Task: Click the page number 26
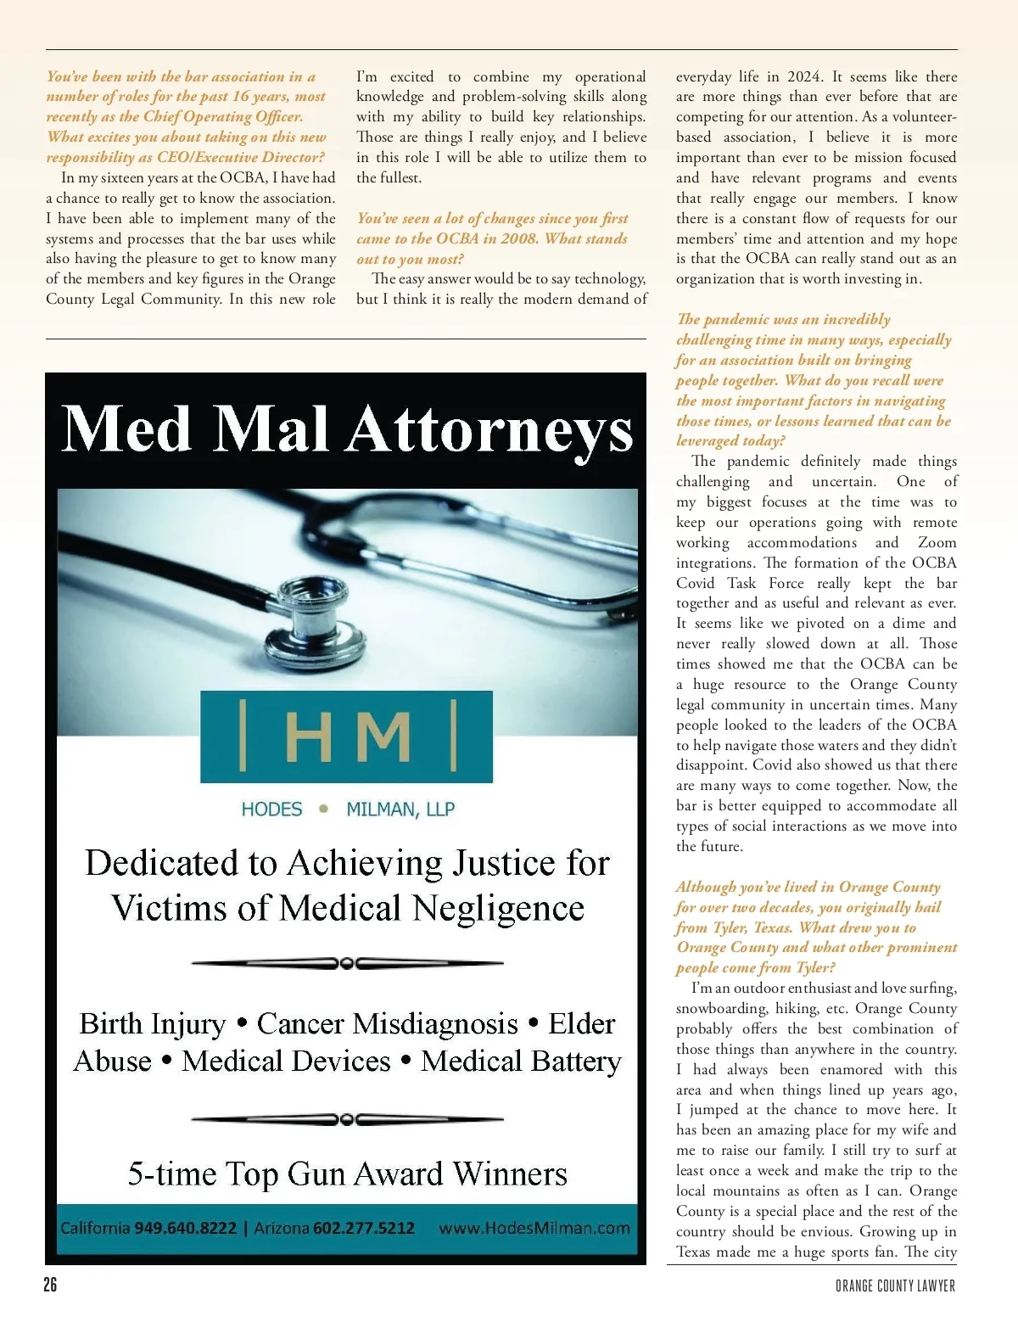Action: pyautogui.click(x=51, y=1285)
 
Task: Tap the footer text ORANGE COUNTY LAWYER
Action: pyautogui.click(x=895, y=1286)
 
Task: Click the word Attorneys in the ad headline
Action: pyautogui.click(x=489, y=429)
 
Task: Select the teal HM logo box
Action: pyautogui.click(x=346, y=737)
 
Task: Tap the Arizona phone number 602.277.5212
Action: pyautogui.click(x=364, y=1228)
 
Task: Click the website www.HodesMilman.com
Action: pyautogui.click(x=534, y=1228)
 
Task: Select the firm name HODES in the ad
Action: pyautogui.click(x=271, y=809)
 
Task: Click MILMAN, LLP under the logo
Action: pyautogui.click(x=400, y=809)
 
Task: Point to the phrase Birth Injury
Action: pyautogui.click(x=153, y=1023)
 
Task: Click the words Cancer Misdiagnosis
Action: pyautogui.click(x=388, y=1023)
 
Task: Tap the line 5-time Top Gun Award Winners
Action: pyautogui.click(x=348, y=1174)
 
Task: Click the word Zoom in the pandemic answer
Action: pyautogui.click(x=937, y=542)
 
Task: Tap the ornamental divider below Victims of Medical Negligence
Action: pyautogui.click(x=348, y=963)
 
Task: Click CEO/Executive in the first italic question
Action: pyautogui.click(x=206, y=157)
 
